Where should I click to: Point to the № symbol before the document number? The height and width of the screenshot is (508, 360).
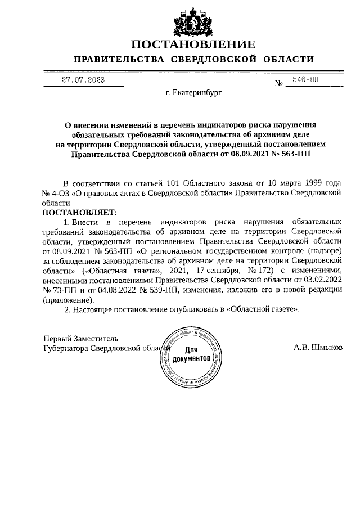point(278,84)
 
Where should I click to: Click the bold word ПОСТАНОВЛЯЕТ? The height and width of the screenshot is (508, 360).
point(79,212)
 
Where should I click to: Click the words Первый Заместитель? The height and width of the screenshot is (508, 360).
point(81,338)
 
